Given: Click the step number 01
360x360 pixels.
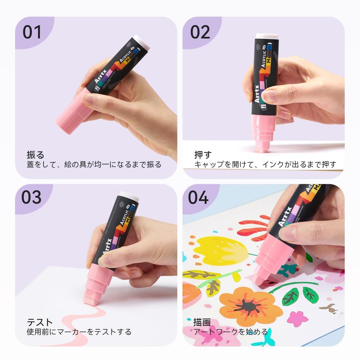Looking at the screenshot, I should pos(32,32).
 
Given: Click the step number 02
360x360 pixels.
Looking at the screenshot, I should pos(200,32).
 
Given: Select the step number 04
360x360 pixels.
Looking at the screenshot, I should pos(198,198).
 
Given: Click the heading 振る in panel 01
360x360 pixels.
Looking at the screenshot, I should pos(36,155).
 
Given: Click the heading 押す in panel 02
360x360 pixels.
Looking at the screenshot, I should pos(203,155).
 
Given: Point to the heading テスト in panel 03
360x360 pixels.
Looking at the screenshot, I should pos(40,322).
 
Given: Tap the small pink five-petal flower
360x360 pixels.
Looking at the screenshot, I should pos(297,319).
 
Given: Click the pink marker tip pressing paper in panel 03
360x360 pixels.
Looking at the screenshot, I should pos(92,301).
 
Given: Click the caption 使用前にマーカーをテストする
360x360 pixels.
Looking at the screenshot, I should pos(79,332).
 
